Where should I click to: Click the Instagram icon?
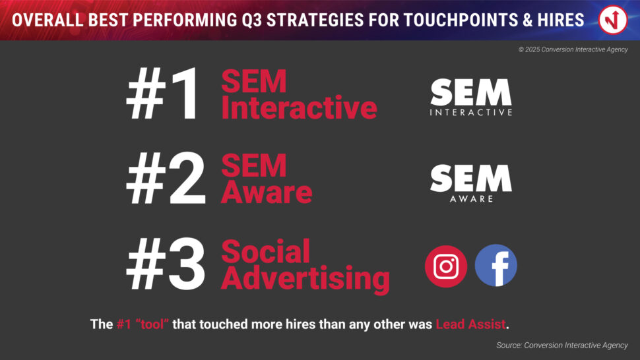(446, 266)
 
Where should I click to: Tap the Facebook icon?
(496, 266)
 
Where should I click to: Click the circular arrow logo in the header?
(613, 20)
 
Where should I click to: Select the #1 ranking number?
(164, 94)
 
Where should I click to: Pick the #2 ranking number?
(166, 179)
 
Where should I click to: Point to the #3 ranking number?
(166, 264)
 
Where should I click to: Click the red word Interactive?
(299, 107)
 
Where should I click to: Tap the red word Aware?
(267, 192)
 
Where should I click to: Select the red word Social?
(266, 252)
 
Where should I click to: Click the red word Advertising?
(305, 280)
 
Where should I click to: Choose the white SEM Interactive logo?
(471, 98)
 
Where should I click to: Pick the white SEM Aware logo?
(471, 183)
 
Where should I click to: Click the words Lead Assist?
(470, 324)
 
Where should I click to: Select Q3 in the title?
(251, 20)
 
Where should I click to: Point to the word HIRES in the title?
(560, 20)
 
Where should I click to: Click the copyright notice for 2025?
(573, 49)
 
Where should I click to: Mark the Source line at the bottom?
(562, 345)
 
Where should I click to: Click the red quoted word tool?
(152, 324)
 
